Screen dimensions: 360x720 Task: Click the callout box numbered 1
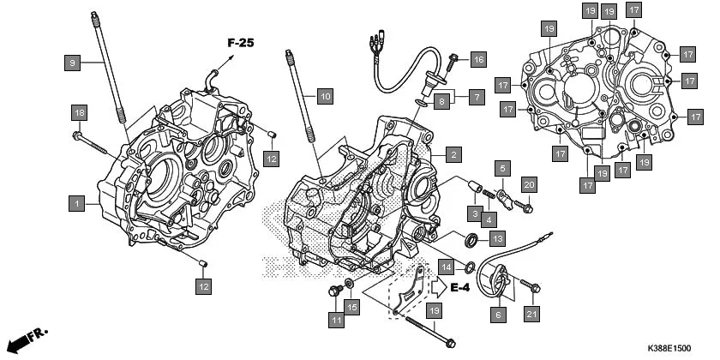click(77, 203)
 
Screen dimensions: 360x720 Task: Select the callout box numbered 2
click(453, 155)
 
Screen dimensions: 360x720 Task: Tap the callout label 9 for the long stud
click(73, 62)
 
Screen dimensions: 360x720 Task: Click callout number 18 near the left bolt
click(79, 114)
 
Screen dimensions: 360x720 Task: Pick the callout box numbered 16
click(477, 59)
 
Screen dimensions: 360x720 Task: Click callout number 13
click(497, 238)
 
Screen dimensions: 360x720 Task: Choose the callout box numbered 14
click(447, 267)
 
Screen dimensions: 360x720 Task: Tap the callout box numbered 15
click(351, 307)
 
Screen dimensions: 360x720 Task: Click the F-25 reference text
click(243, 42)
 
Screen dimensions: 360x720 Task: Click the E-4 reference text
click(459, 287)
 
